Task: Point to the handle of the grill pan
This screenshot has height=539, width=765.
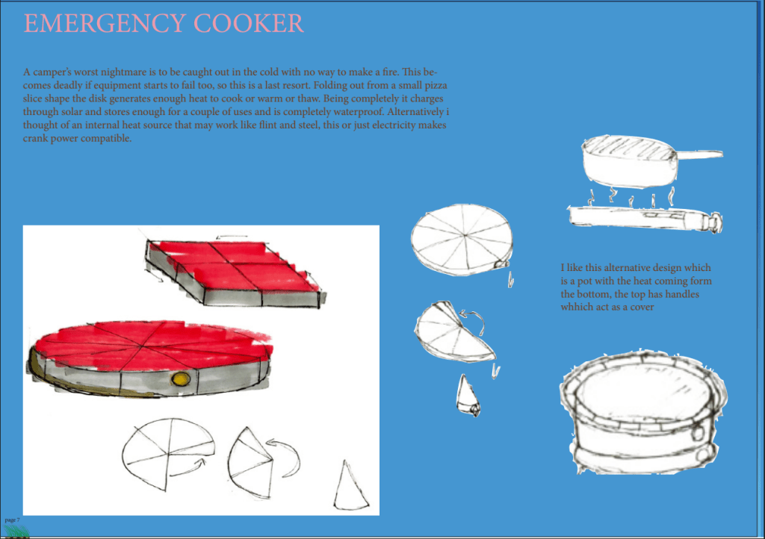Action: tap(699, 155)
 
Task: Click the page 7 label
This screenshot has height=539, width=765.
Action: tap(12, 519)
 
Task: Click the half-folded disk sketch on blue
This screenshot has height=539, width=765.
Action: tap(454, 332)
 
